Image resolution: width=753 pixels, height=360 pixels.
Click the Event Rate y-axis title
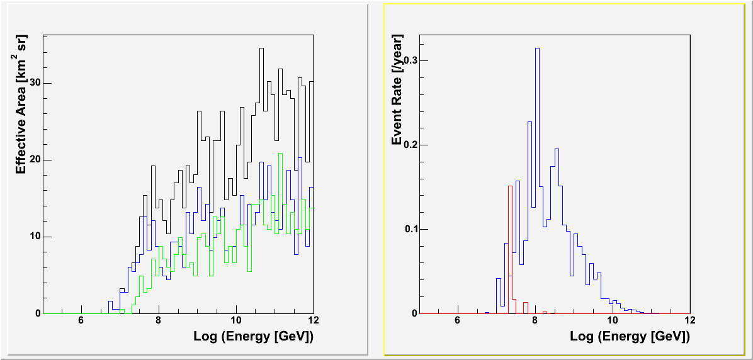tap(397, 94)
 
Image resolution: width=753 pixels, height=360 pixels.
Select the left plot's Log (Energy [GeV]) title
tap(254, 336)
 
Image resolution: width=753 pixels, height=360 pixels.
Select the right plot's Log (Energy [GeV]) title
tap(630, 336)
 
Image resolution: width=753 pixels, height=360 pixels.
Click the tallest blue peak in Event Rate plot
tap(537, 48)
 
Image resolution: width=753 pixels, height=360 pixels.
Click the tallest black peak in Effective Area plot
tap(261, 48)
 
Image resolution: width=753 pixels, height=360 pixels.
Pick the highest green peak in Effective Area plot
tap(280, 154)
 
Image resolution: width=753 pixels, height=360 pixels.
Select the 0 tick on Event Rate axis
tap(414, 313)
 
